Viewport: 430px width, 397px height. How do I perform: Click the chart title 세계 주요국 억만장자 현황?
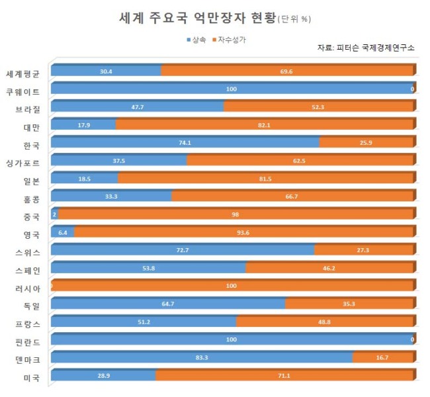pyautogui.click(x=197, y=18)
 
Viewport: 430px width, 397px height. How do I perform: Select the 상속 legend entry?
pyautogui.click(x=196, y=40)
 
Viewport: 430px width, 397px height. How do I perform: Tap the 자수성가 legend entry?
pyautogui.click(x=230, y=40)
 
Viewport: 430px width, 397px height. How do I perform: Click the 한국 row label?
pyautogui.click(x=32, y=146)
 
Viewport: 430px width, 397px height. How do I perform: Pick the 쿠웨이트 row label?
pyautogui.click(x=23, y=91)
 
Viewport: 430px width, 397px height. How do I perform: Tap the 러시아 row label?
pyautogui.click(x=28, y=288)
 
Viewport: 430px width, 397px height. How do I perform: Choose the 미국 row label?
pyautogui.click(x=32, y=378)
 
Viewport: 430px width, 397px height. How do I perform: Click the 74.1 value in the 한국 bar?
pyautogui.click(x=185, y=143)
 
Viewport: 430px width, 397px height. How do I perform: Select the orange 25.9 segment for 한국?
pyautogui.click(x=366, y=142)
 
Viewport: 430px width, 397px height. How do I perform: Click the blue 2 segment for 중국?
pyautogui.click(x=54, y=214)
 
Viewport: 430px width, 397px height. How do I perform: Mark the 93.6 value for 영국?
pyautogui.click(x=243, y=233)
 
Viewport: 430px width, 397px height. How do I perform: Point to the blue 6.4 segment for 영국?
pyautogui.click(x=63, y=232)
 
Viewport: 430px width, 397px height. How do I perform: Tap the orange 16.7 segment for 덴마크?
pyautogui.click(x=383, y=357)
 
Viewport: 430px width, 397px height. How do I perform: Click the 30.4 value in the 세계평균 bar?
pyautogui.click(x=106, y=71)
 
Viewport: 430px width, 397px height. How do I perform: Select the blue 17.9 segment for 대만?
pyautogui.click(x=83, y=124)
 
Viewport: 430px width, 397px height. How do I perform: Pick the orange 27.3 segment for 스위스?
pyautogui.click(x=364, y=250)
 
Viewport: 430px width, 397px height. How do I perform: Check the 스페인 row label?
pyautogui.click(x=28, y=271)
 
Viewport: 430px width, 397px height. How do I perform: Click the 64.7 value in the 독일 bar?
pyautogui.click(x=168, y=304)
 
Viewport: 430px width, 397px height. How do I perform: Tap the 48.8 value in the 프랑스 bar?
pyautogui.click(x=324, y=322)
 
